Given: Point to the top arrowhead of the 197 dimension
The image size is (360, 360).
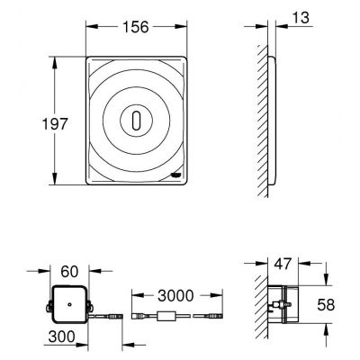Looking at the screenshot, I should point(57,59).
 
